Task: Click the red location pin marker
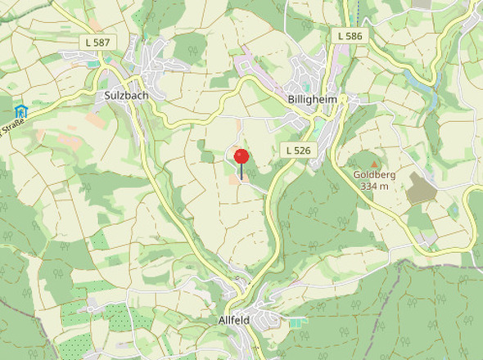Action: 241,157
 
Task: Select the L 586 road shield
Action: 350,36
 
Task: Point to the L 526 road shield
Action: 298,150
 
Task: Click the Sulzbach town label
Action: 126,95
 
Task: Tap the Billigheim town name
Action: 312,100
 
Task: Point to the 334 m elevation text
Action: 374,187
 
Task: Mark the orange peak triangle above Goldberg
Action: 375,164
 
